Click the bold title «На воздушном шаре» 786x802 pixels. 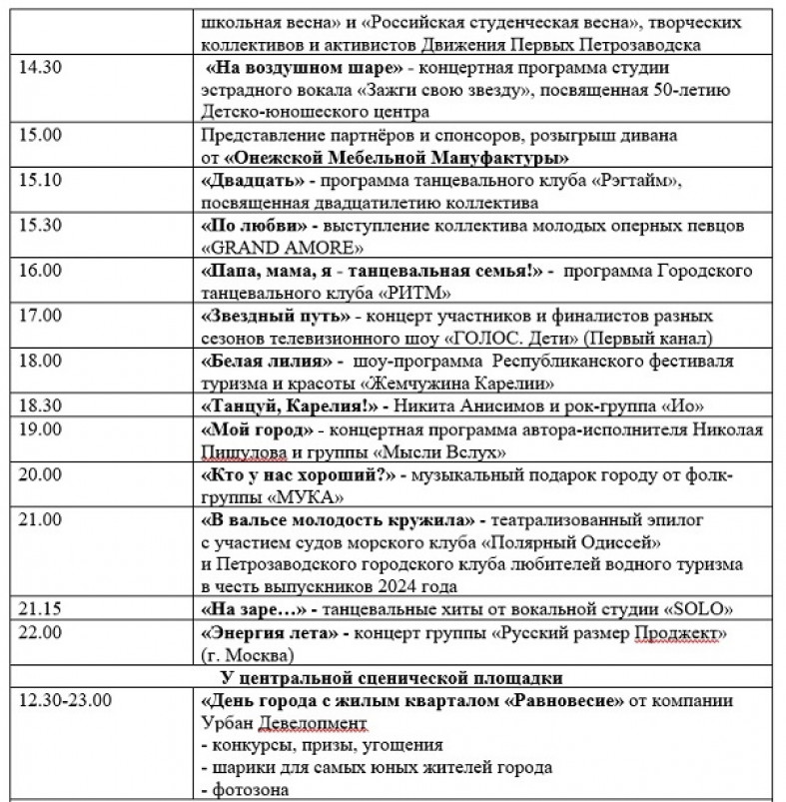(304, 68)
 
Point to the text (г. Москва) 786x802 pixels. (247, 655)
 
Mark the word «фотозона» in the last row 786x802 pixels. (250, 790)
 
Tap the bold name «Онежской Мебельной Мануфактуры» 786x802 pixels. (397, 157)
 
